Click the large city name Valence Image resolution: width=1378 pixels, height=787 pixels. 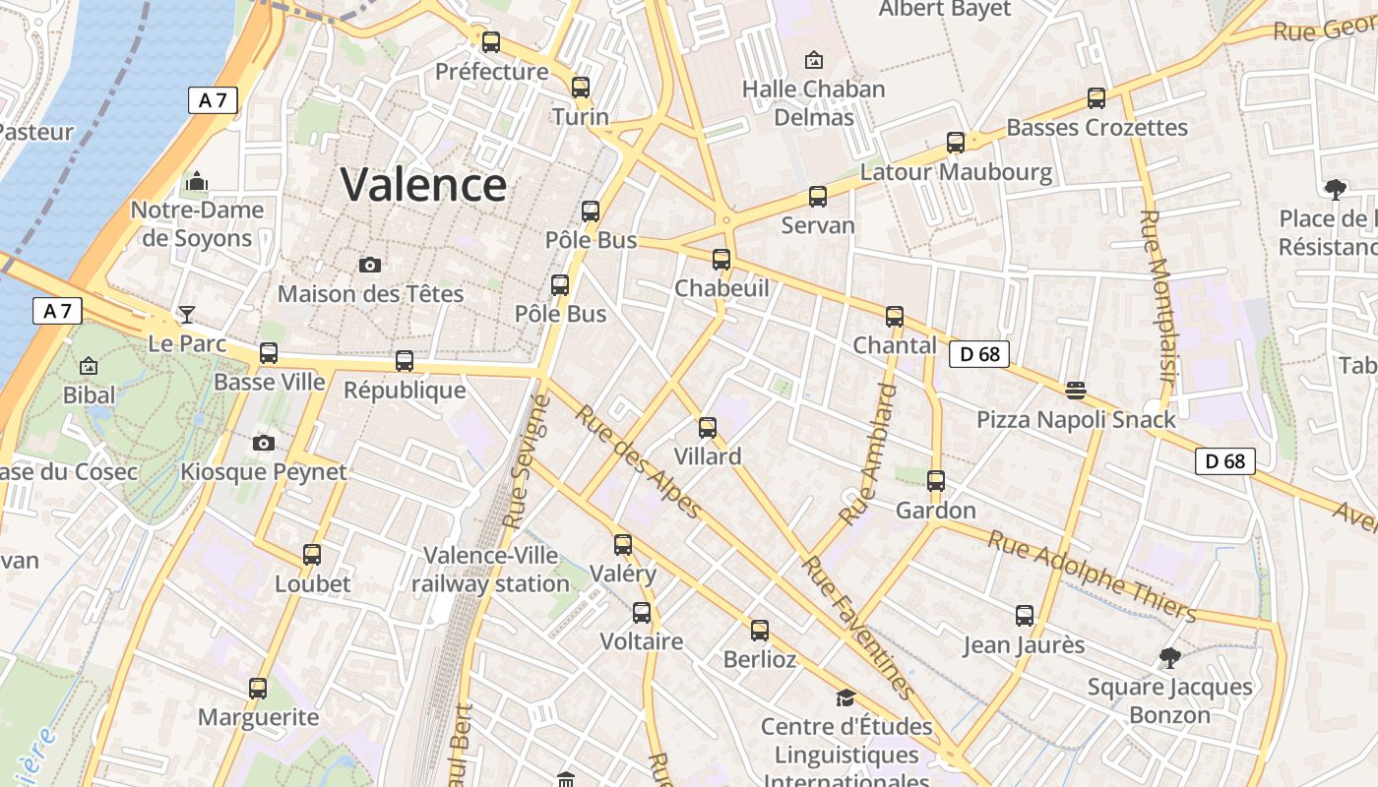423,184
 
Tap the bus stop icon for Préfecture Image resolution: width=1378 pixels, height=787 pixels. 490,42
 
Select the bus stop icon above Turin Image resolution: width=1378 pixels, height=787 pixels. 581,87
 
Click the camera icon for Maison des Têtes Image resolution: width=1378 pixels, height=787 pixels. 370,265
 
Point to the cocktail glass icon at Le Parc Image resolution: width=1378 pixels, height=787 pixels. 186,315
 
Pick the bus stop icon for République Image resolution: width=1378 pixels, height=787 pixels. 405,361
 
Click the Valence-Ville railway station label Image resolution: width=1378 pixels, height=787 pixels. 490,570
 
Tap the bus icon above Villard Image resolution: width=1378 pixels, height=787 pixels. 708,427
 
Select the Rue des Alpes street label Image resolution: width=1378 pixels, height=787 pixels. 639,461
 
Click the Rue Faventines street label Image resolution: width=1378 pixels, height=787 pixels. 858,627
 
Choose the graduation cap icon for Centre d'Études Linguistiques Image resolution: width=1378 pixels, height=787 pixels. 846,697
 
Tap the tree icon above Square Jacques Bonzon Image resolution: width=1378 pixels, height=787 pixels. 1169,657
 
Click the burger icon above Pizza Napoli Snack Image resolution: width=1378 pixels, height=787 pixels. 1075,391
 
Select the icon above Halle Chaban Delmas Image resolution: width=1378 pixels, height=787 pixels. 814,60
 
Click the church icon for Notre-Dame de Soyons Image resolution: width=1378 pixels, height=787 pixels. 197,181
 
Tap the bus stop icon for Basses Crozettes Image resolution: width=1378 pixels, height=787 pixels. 1096,98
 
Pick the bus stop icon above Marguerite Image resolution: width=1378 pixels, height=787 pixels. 258,689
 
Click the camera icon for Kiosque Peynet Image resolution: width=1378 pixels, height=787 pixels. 263,443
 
